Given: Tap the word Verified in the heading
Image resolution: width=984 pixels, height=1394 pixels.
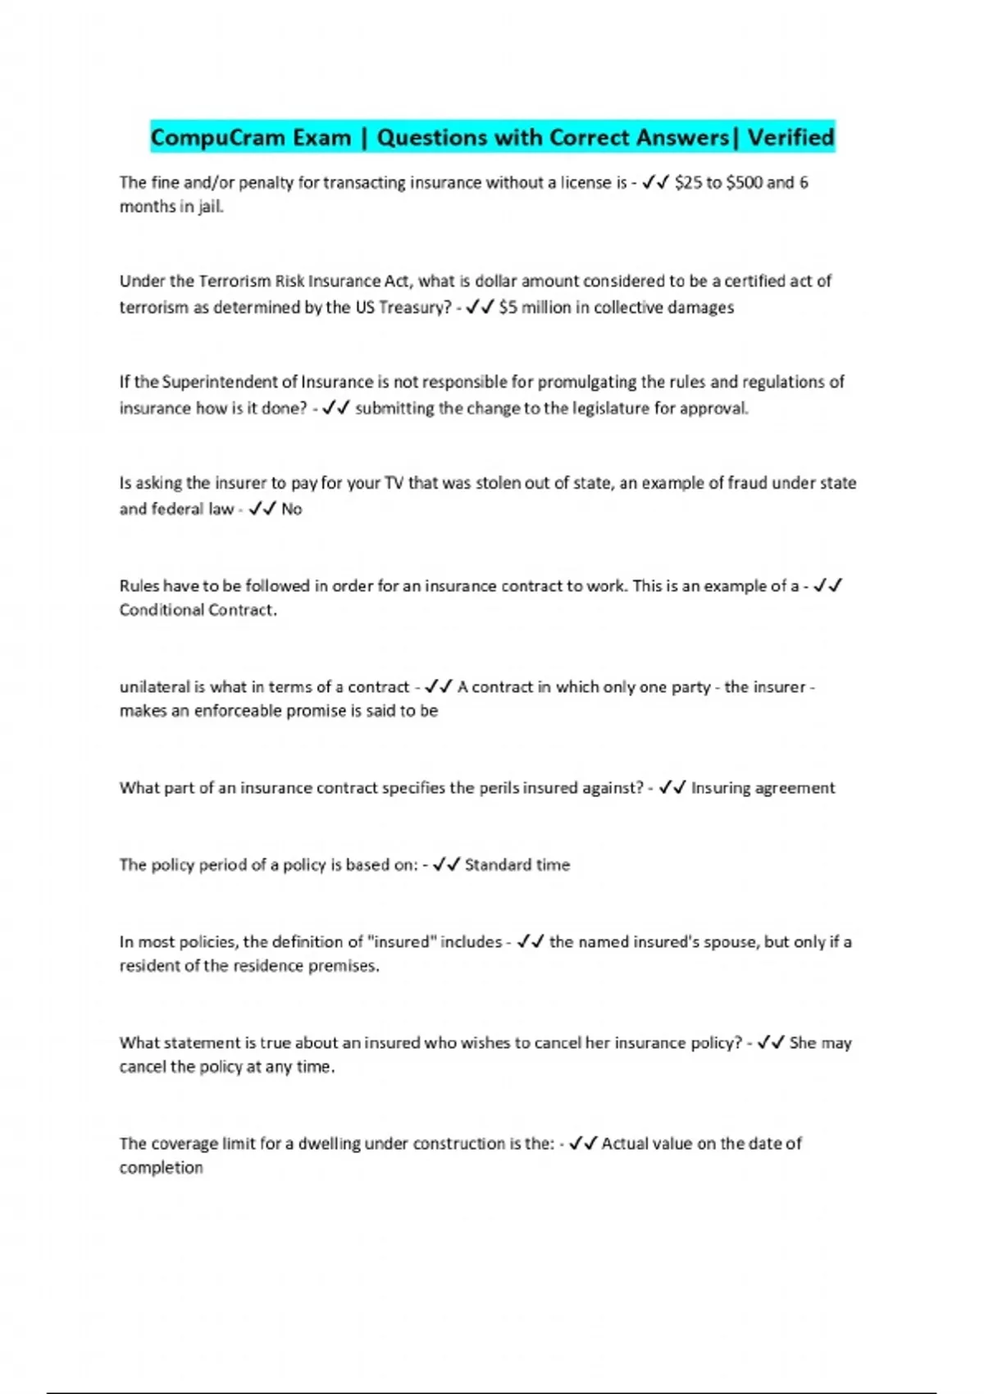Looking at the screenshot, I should pyautogui.click(x=790, y=137).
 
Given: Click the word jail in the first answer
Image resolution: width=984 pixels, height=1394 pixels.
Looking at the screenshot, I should pyautogui.click(x=211, y=206).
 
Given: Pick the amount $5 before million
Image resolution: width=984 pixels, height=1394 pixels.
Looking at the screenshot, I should pyautogui.click(x=508, y=307).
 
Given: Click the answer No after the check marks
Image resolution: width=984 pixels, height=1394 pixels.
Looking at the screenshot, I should pyautogui.click(x=291, y=509).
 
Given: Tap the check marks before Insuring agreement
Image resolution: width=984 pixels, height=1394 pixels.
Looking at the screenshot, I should pyautogui.click(x=672, y=788).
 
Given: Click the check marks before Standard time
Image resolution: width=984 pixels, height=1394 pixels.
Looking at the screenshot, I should pyautogui.click(x=446, y=865).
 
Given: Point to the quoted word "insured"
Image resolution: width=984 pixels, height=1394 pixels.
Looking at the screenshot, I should pyautogui.click(x=402, y=942).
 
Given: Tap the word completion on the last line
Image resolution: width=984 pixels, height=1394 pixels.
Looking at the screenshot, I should pyautogui.click(x=161, y=1168).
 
